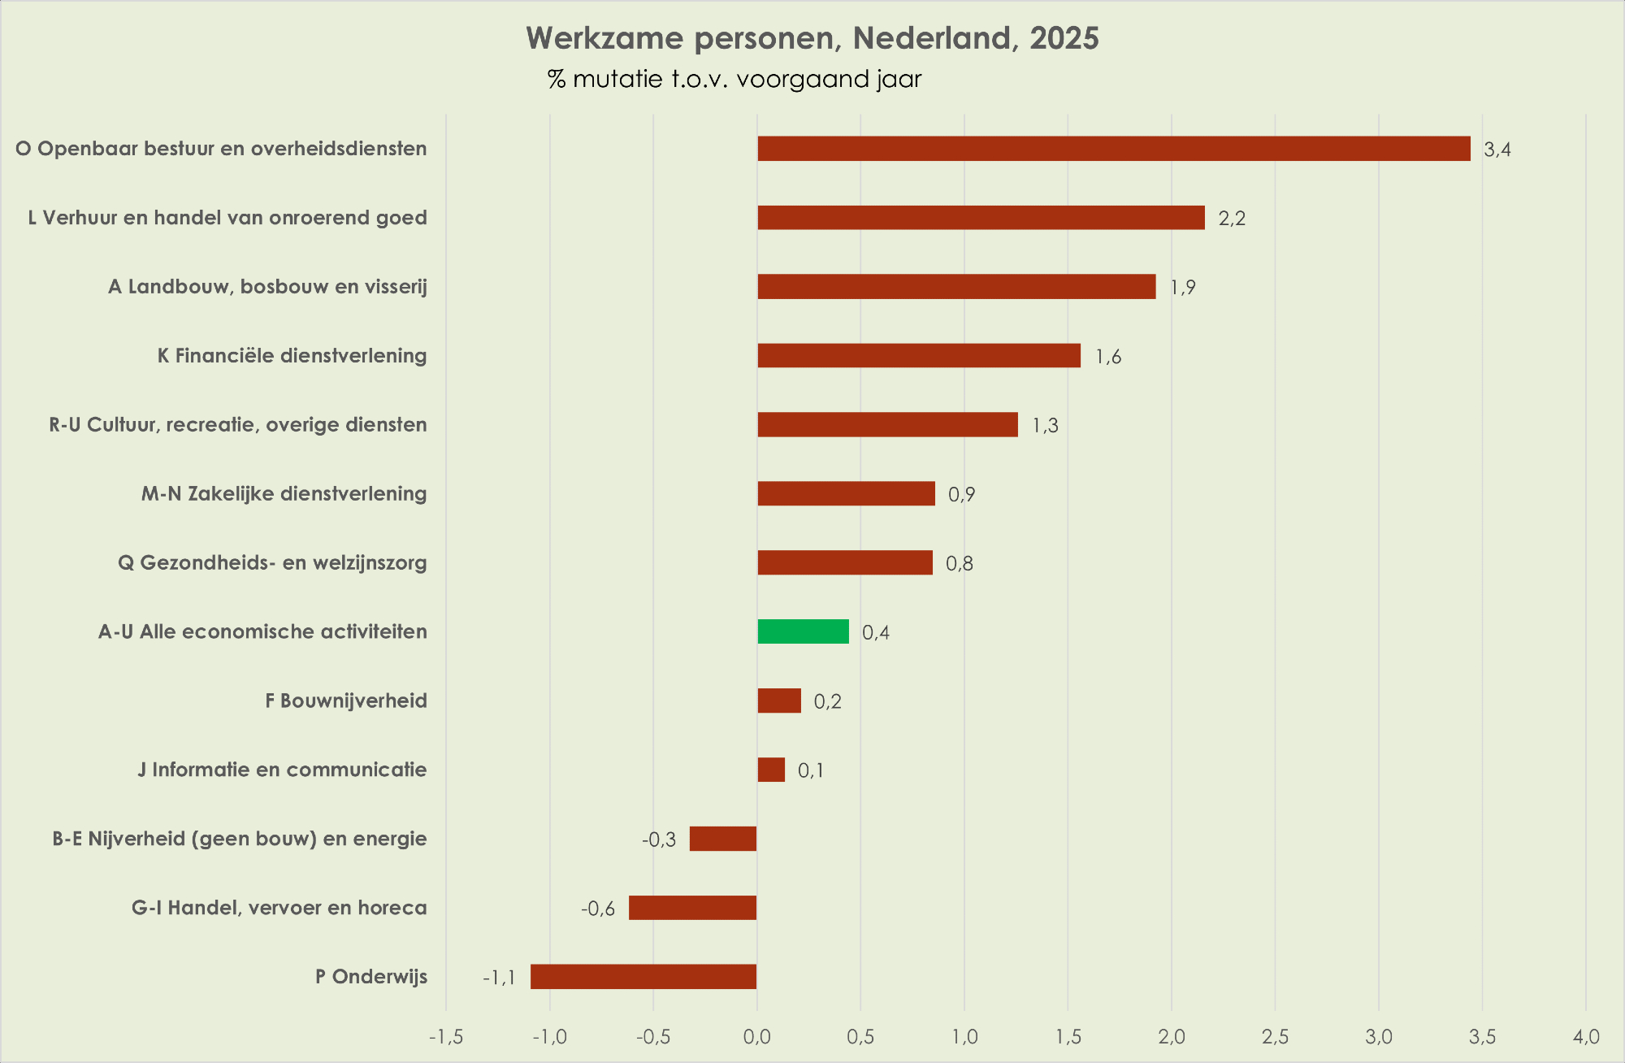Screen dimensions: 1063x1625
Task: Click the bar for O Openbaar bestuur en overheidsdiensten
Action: pos(1113,149)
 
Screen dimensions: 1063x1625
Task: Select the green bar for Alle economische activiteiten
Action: pos(803,631)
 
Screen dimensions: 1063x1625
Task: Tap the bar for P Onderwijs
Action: pos(643,977)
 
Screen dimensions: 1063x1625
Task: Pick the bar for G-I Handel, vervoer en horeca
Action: pos(692,908)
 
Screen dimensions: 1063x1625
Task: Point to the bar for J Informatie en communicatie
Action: pos(771,770)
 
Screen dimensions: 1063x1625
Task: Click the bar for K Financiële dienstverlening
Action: pos(919,356)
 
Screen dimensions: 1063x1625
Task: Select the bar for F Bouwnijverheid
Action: pos(779,701)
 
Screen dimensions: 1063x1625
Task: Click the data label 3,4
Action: pos(1497,150)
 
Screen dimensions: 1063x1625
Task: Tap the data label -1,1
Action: pos(499,978)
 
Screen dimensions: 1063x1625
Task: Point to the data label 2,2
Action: pos(1232,219)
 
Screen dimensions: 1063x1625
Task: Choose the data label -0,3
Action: pos(659,840)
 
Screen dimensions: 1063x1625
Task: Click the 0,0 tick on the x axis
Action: pos(757,1037)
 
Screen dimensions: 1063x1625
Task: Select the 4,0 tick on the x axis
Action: pos(1586,1037)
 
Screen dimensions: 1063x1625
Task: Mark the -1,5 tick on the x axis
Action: pos(446,1037)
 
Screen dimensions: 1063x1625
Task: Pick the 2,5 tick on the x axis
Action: pos(1275,1037)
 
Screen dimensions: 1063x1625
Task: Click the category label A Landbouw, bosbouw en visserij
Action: pos(267,287)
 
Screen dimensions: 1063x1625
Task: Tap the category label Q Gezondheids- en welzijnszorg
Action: pos(272,563)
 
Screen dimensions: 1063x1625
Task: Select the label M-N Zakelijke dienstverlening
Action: pos(284,494)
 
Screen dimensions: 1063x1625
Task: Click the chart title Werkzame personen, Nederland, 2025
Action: pos(812,38)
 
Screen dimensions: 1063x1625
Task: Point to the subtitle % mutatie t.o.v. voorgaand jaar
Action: pos(734,80)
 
